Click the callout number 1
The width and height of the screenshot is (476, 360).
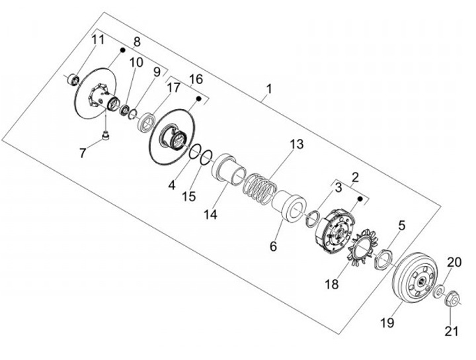tap(268, 88)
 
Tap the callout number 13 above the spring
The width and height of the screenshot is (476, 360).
tap(296, 144)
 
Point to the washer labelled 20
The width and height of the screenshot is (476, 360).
tap(439, 290)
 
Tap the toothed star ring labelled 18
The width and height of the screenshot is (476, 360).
tap(360, 251)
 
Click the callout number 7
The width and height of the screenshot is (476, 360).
tap(83, 153)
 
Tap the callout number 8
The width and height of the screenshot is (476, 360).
tap(137, 42)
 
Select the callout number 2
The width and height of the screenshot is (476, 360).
tap(355, 177)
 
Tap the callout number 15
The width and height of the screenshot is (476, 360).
tap(189, 197)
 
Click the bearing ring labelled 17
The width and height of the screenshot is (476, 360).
tap(146, 122)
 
